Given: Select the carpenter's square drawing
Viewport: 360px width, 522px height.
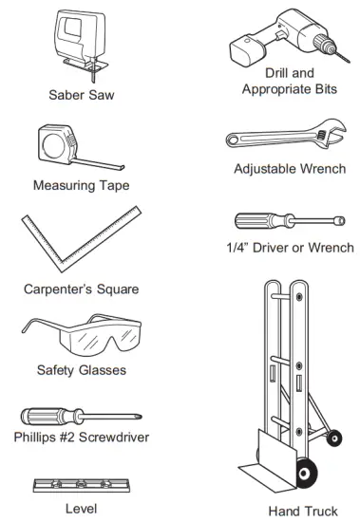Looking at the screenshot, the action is pos(76,242).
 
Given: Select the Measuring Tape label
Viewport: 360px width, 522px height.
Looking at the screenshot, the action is pos(80,185).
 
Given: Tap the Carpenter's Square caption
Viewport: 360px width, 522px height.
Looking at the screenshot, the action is pos(80,288).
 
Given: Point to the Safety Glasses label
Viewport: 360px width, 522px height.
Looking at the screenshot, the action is pos(80,370).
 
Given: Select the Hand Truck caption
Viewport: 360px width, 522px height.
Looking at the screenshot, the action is pos(302,511).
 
